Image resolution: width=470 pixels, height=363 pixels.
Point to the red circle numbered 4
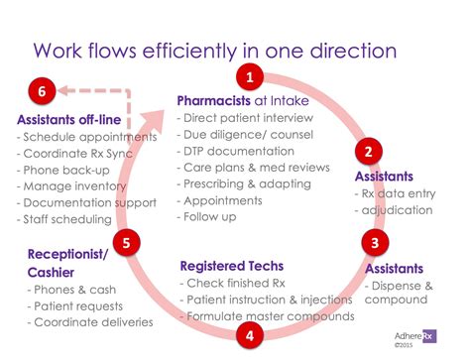pyautogui.click(x=250, y=335)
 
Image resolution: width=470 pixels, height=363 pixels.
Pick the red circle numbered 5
pyautogui.click(x=125, y=241)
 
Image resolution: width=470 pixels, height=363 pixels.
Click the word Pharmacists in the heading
pyautogui.click(x=214, y=100)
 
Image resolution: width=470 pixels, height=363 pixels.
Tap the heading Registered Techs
pyautogui.click(x=231, y=265)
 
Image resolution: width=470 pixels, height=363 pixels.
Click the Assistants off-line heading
pyautogui.click(x=68, y=119)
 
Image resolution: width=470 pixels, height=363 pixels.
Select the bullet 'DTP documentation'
pyautogui.click(x=231, y=153)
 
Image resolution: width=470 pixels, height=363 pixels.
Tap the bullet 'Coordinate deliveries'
pyautogui.click(x=91, y=321)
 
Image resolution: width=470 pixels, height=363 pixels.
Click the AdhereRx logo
pyautogui.click(x=414, y=335)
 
